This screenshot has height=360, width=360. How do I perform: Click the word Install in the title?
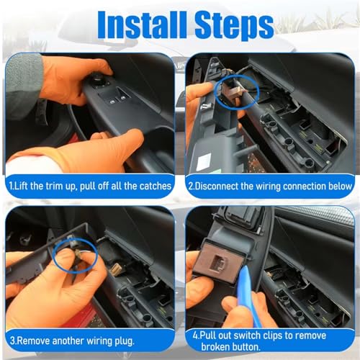pos(142,25)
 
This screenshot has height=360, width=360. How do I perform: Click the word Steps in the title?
pos(234,26)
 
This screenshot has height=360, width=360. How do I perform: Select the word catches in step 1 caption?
pos(156,186)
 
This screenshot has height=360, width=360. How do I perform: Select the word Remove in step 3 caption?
pos(33,341)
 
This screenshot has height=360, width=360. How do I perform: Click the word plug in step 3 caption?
pos(125,341)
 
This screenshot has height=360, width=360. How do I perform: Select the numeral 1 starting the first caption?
pos(11,186)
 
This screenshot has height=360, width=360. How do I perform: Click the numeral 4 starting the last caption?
pos(195,336)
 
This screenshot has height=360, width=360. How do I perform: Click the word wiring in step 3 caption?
pos(99,341)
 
